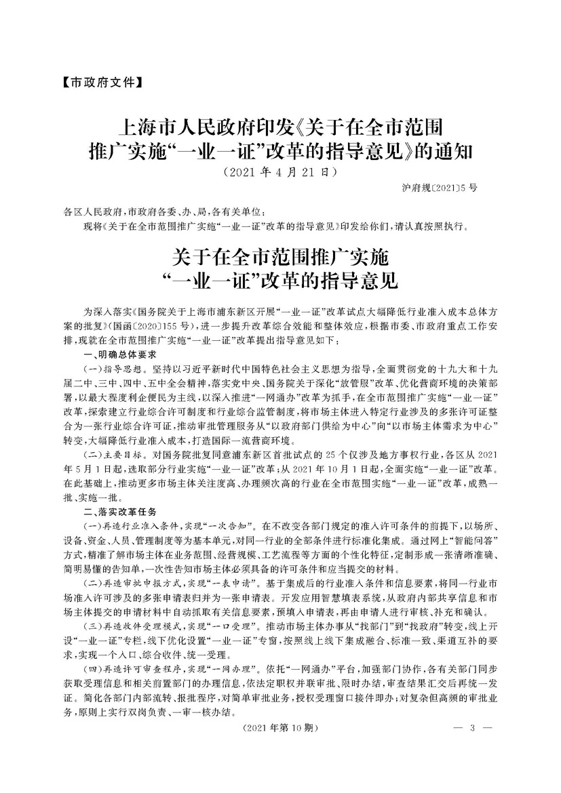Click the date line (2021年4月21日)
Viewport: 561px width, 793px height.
click(280, 171)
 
